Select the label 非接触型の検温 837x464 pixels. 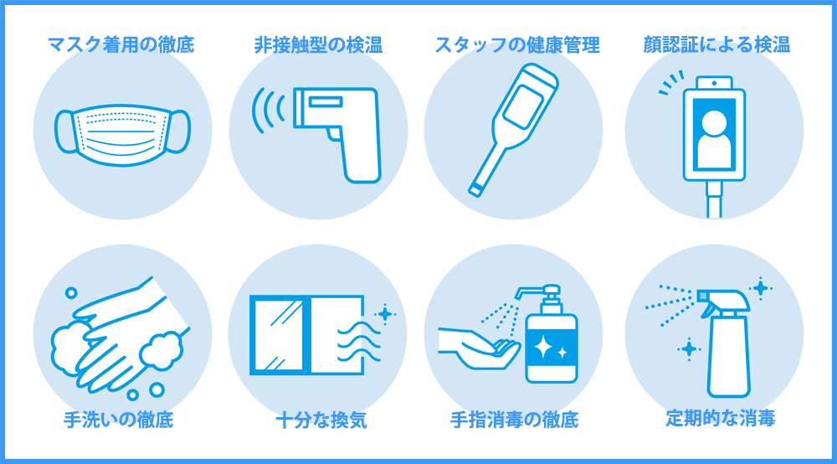(318, 44)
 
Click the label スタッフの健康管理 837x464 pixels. (516, 44)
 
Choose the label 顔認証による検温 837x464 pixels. (716, 44)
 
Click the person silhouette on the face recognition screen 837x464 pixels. (714, 134)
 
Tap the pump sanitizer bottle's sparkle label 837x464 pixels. (550, 345)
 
